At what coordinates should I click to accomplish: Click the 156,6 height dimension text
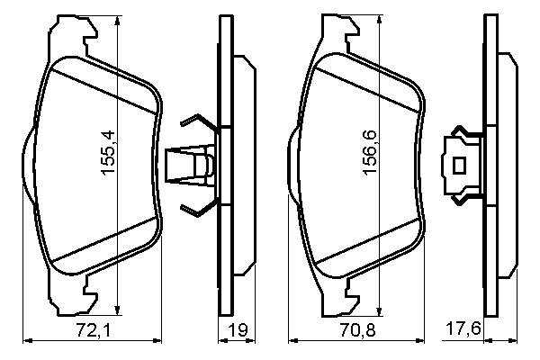(x=370, y=153)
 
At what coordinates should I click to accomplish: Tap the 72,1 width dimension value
(x=94, y=330)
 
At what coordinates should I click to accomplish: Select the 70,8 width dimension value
(x=357, y=330)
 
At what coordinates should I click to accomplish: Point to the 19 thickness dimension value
(x=238, y=330)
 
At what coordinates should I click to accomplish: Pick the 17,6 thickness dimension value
(x=463, y=329)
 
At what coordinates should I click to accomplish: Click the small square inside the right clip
(x=459, y=166)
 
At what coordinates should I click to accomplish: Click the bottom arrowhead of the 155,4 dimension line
(x=118, y=310)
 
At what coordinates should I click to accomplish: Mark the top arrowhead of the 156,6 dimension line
(x=380, y=21)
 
